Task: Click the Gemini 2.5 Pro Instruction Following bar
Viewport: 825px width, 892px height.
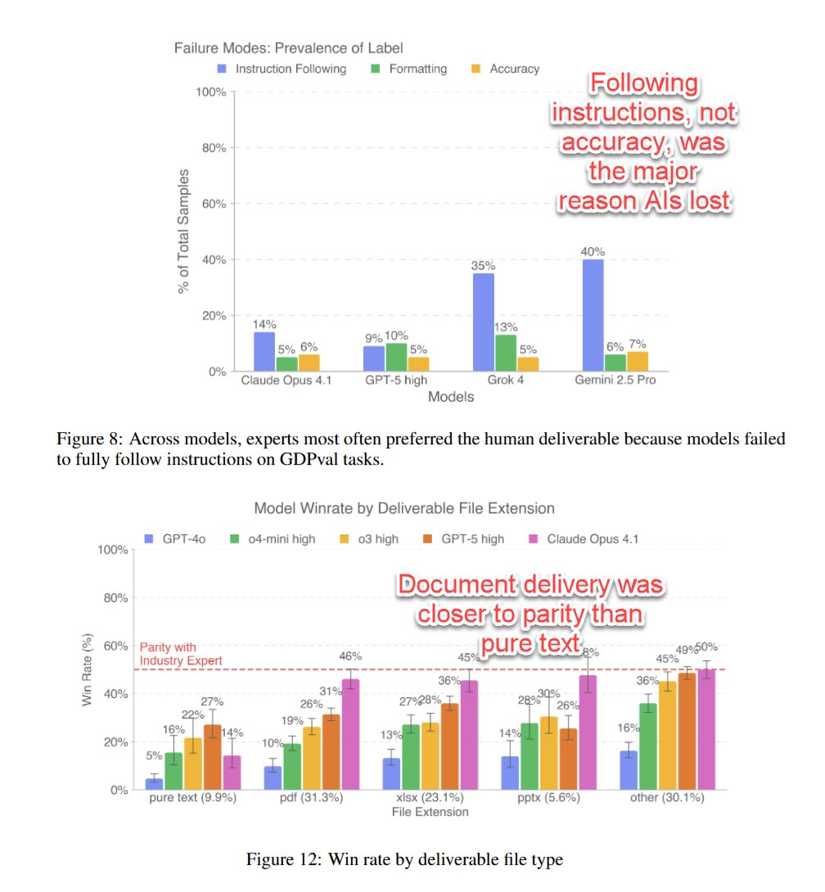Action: tap(593, 315)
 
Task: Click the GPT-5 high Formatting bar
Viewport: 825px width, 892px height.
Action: tap(397, 357)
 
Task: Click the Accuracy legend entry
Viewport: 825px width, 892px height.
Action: tap(505, 69)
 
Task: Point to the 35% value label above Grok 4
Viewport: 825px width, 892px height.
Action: tap(483, 265)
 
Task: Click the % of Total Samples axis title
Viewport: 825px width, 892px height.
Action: tap(185, 231)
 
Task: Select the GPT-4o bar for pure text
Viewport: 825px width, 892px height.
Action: tap(154, 784)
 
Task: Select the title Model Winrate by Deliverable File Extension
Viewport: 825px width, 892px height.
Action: tap(404, 508)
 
